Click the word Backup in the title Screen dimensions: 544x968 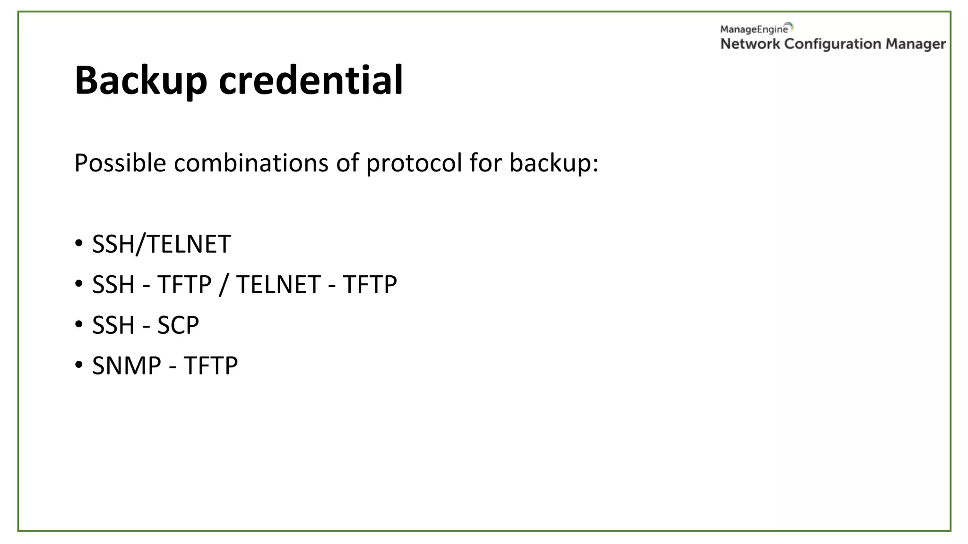[141, 80]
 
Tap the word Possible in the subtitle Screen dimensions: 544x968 [120, 163]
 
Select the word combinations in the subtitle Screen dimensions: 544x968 [251, 163]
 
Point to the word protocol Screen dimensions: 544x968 [414, 164]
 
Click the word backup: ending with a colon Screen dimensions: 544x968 [554, 163]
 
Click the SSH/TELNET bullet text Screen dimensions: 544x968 [161, 244]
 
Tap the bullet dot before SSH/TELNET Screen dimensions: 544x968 [79, 243]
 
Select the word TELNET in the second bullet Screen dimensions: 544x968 [278, 285]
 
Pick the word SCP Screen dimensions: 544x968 [178, 325]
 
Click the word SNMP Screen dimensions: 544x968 [127, 366]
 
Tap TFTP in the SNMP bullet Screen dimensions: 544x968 [211, 366]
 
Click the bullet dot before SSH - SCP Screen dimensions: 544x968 [79, 324]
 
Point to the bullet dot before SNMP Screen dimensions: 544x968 [79, 365]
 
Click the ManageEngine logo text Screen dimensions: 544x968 [754, 29]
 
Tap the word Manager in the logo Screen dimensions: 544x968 [916, 44]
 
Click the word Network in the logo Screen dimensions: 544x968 [750, 44]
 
